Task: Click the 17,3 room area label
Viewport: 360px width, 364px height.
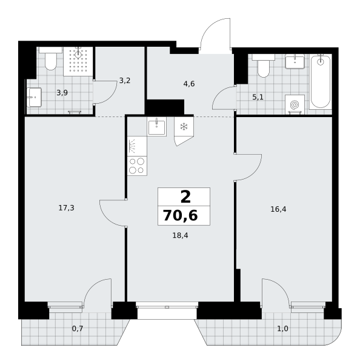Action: [x=66, y=208]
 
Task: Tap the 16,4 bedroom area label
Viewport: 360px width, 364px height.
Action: [x=278, y=209]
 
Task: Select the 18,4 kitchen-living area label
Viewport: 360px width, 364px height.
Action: [x=180, y=235]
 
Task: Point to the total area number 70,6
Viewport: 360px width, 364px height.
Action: [x=181, y=215]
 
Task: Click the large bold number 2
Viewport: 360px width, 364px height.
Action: [x=185, y=197]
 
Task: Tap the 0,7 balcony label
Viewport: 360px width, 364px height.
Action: [x=78, y=329]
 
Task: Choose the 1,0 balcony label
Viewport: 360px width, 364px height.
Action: [x=283, y=329]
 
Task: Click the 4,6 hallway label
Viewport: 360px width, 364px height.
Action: [x=189, y=84]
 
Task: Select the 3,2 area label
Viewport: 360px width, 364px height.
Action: [x=125, y=81]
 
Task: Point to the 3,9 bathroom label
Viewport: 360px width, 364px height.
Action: [x=62, y=93]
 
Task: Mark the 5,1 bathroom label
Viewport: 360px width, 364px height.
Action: [x=258, y=97]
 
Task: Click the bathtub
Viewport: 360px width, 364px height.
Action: [x=321, y=81]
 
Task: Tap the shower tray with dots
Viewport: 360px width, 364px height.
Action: [x=78, y=61]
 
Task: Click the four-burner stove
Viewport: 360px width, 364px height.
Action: [x=137, y=166]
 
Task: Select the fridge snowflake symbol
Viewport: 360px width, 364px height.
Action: [x=184, y=127]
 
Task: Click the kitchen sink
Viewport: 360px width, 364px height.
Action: [x=156, y=127]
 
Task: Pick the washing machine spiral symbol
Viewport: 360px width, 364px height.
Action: [x=295, y=104]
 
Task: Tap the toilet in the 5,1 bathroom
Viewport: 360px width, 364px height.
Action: [x=264, y=66]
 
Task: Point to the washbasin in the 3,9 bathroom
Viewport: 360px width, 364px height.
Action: [x=34, y=97]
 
